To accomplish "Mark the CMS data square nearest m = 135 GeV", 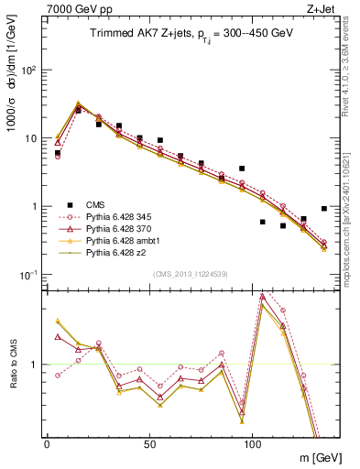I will click(324, 209).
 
